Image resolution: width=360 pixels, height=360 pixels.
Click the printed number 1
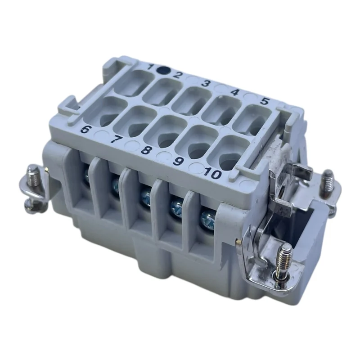click(x=151, y=67)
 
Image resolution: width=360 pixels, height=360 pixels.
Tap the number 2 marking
click(x=177, y=75)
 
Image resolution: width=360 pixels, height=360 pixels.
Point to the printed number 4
click(x=235, y=92)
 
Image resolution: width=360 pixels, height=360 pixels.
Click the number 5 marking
click(x=265, y=101)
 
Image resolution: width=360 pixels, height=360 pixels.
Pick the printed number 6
click(x=85, y=130)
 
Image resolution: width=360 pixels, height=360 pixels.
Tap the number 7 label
click(x=117, y=139)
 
